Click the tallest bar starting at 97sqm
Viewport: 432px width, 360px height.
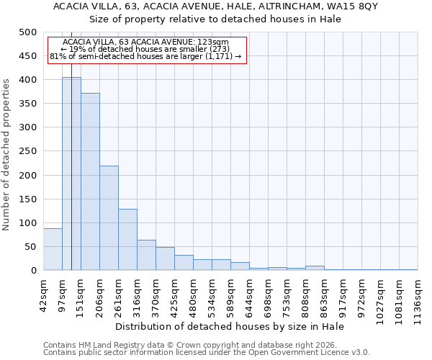tap(71, 174)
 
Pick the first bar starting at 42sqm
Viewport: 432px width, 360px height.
tap(53, 249)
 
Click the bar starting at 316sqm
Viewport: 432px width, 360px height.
tap(146, 255)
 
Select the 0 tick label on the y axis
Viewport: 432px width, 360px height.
tap(33, 271)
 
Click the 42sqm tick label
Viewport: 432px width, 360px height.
tap(44, 294)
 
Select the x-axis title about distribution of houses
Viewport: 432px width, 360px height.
tap(230, 326)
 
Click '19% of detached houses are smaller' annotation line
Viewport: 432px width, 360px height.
tap(146, 49)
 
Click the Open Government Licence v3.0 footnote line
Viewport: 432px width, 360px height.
tap(207, 353)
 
